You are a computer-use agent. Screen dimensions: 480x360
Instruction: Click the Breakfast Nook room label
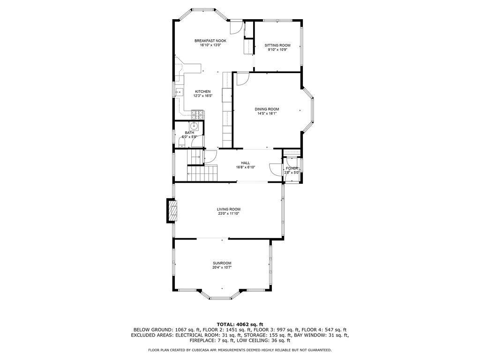pyautogui.click(x=210, y=41)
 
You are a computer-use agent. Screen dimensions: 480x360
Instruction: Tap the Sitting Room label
pyautogui.click(x=277, y=45)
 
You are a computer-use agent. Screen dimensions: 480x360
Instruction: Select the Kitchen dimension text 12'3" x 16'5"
pyautogui.click(x=202, y=96)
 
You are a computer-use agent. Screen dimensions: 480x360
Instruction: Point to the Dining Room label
pyautogui.click(x=267, y=109)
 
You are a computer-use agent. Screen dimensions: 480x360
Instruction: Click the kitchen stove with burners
pyautogui.click(x=198, y=115)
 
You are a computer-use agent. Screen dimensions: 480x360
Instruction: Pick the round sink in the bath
pyautogui.click(x=194, y=126)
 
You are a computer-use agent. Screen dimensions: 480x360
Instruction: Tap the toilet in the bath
pyautogui.click(x=182, y=142)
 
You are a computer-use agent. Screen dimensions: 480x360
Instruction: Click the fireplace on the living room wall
pyautogui.click(x=172, y=210)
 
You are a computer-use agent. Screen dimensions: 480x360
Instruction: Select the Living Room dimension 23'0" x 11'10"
pyautogui.click(x=228, y=214)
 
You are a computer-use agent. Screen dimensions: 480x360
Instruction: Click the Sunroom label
pyautogui.click(x=222, y=263)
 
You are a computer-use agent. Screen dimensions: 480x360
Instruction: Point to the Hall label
pyautogui.click(x=245, y=163)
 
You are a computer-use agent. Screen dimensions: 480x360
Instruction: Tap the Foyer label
pyautogui.click(x=292, y=168)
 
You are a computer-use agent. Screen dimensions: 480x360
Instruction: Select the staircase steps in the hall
pyautogui.click(x=202, y=173)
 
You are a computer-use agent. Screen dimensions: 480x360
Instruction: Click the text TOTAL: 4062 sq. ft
pyautogui.click(x=240, y=324)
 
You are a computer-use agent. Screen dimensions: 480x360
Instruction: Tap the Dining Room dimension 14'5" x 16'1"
pyautogui.click(x=267, y=113)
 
